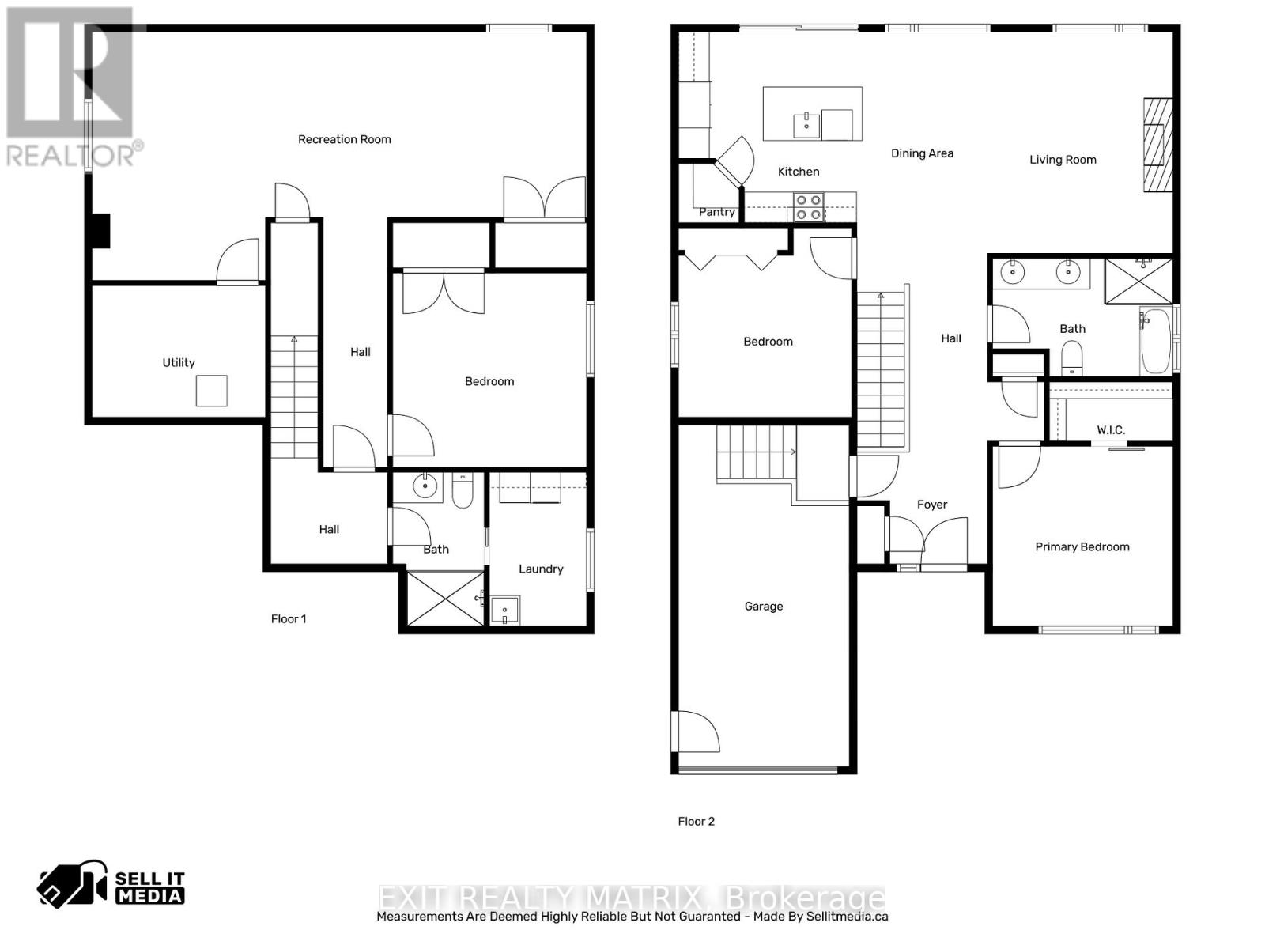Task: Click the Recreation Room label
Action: (344, 139)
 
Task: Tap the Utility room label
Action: (179, 362)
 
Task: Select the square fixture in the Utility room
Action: (211, 391)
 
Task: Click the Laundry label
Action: (541, 569)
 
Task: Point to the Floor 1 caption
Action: (289, 618)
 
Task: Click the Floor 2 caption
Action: (696, 821)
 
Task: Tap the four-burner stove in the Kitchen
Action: (809, 207)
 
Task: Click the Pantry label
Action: (716, 212)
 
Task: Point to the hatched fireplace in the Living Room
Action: (1157, 145)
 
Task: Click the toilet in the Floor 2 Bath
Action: (1071, 357)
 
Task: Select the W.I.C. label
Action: (1111, 429)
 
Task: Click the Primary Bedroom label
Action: (1082, 546)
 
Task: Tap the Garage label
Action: (763, 606)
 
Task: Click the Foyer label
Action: (931, 504)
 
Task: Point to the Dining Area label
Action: (922, 153)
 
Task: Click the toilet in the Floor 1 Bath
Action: (463, 492)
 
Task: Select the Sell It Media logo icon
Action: (71, 884)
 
